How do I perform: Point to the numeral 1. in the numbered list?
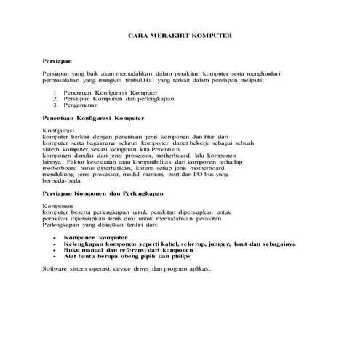pyautogui.click(x=56, y=93)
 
